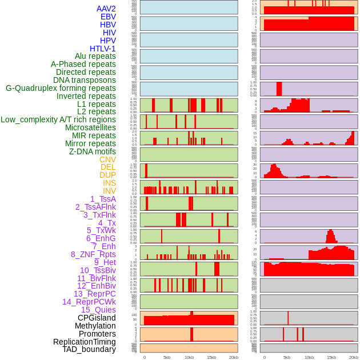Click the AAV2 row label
tap(106, 9)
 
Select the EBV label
tap(108, 17)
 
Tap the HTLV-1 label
tap(103, 49)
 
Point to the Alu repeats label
tap(95, 56)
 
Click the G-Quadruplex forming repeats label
tap(61, 88)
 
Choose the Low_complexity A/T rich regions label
tap(58, 119)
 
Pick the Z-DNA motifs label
tap(93, 151)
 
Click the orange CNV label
tap(107, 159)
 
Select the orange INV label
tap(109, 191)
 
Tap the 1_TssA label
tap(103, 199)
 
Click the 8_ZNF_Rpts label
tap(93, 254)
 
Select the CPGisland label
tap(97, 318)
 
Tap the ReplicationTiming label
tap(84, 342)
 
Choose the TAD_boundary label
tap(89, 349)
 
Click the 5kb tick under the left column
tap(167, 357)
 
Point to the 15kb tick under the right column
tap(331, 357)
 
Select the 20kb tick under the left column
tap(234, 357)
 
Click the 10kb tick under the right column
tap(309, 357)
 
